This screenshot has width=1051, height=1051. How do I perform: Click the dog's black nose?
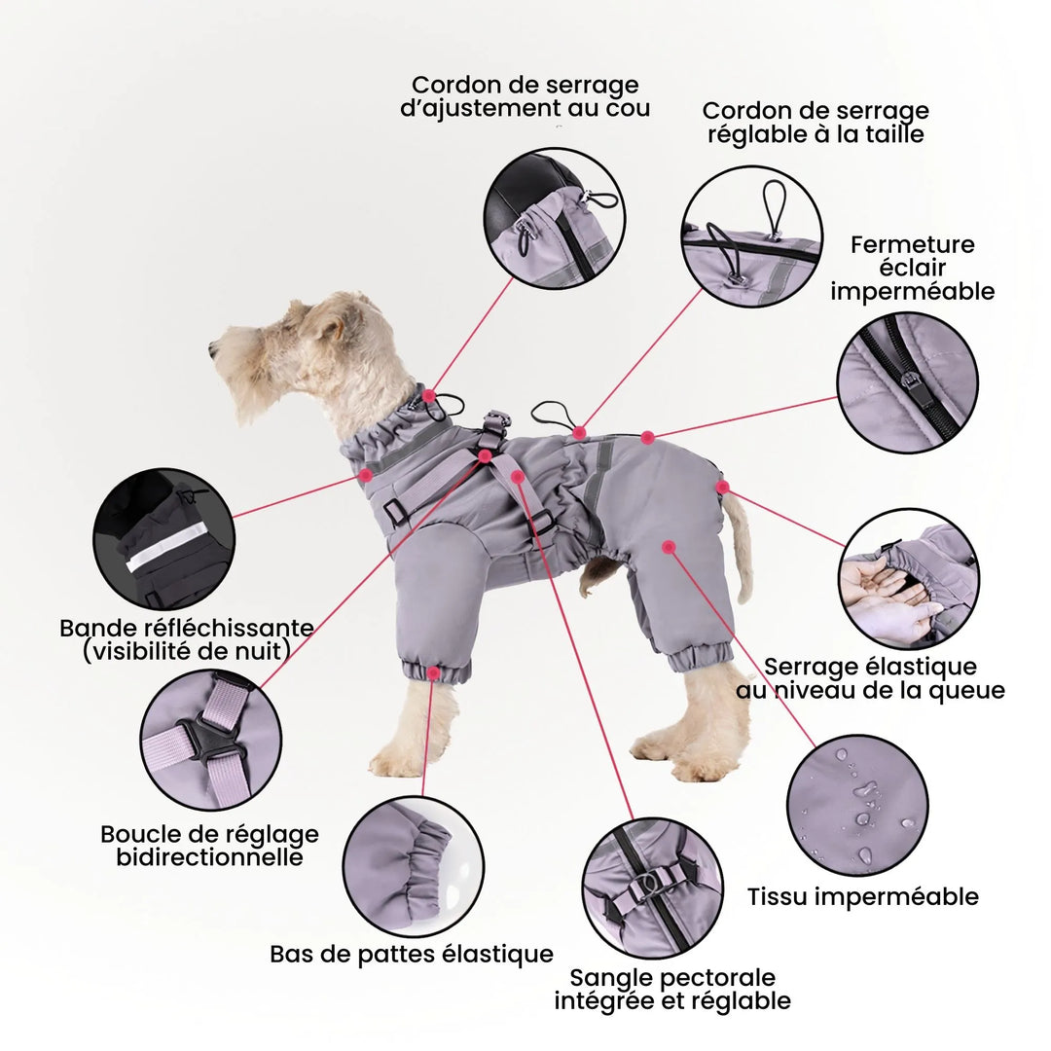pyautogui.click(x=213, y=347)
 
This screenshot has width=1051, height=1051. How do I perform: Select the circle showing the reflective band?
pyautogui.click(x=163, y=538)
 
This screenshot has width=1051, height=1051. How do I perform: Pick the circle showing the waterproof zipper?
pyautogui.click(x=907, y=382)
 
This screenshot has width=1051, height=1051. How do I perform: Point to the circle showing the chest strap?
pyautogui.click(x=653, y=888)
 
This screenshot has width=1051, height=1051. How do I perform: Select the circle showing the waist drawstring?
pyautogui.click(x=751, y=236)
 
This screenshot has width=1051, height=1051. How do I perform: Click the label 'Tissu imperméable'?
pyautogui.click(x=862, y=896)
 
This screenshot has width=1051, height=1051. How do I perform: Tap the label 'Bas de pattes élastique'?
pyautogui.click(x=411, y=954)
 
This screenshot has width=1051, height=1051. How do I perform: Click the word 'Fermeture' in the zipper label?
pyautogui.click(x=912, y=244)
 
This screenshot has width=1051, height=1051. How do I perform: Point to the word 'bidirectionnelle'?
pyautogui.click(x=209, y=857)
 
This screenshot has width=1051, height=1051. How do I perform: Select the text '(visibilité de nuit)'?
pyautogui.click(x=186, y=651)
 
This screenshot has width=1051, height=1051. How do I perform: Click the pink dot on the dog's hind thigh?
pyautogui.click(x=669, y=547)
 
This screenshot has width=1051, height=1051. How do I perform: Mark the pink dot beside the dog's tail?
pyautogui.click(x=722, y=486)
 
